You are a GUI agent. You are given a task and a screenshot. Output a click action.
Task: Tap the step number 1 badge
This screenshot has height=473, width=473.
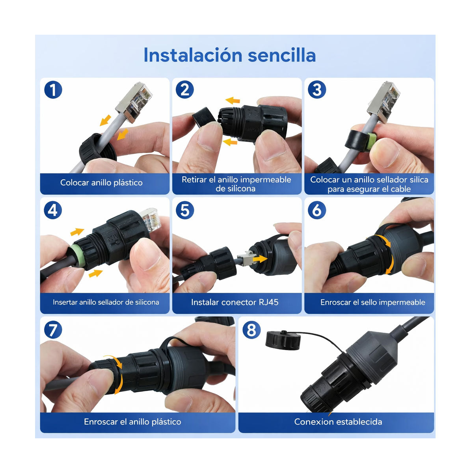point(53,90)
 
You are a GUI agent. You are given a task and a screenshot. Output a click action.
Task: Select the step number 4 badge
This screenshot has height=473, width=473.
point(53,210)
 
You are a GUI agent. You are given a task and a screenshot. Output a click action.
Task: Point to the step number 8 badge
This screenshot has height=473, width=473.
point(251,330)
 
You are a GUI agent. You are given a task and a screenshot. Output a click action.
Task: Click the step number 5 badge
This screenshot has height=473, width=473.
point(185,210)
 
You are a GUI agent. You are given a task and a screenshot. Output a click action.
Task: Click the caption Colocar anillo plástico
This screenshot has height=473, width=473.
point(101,182)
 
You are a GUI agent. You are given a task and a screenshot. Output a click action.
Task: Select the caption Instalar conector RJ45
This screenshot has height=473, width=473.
point(235,302)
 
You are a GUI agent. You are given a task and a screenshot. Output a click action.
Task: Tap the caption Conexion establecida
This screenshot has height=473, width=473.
point(338,422)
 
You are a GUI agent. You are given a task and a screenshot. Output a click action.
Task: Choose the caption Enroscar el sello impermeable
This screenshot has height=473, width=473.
point(372,302)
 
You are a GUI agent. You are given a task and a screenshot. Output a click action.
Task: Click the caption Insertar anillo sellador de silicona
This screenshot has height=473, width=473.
point(106,302)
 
